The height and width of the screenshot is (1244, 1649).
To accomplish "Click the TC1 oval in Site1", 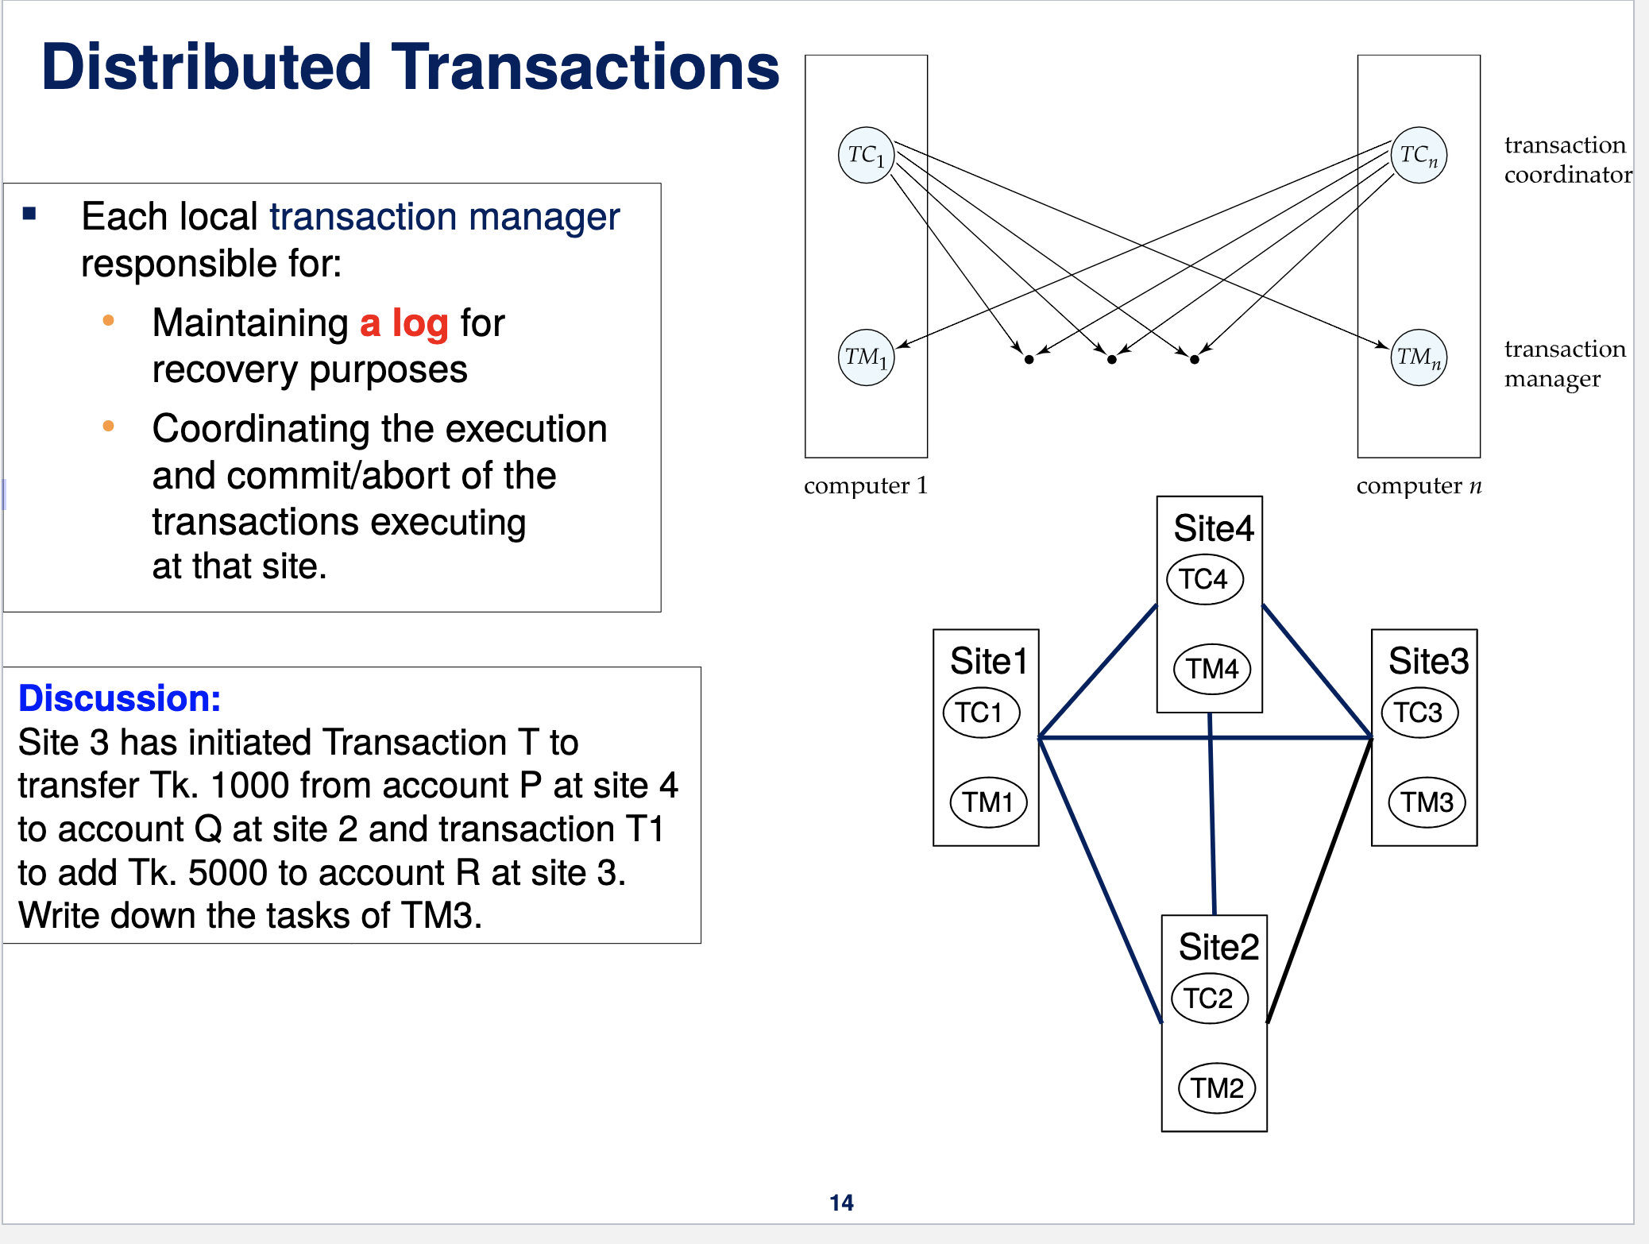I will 980,713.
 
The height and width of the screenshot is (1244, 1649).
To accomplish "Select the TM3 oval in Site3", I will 1427,802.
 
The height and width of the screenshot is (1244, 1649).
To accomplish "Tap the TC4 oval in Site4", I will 1204,579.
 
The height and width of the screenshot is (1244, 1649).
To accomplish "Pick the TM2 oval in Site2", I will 1217,1088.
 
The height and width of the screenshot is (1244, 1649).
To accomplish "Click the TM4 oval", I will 1212,669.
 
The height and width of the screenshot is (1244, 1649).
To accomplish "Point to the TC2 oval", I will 1209,999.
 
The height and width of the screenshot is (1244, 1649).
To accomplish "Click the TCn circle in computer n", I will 1419,155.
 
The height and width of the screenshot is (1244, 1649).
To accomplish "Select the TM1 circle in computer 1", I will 866,357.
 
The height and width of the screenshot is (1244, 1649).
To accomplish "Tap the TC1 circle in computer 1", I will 866,155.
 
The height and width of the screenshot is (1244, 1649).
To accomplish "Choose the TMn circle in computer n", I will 1419,357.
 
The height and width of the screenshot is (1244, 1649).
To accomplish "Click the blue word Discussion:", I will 119,698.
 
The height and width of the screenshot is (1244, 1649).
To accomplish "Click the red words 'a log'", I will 404,323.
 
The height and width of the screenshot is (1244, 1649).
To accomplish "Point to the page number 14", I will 841,1203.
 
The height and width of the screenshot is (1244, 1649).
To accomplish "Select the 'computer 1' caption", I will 865,485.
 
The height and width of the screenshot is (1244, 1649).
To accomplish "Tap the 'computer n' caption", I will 1419,485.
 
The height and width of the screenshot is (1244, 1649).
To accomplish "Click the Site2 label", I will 1218,947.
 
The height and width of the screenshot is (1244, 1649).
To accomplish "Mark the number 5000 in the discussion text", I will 227,872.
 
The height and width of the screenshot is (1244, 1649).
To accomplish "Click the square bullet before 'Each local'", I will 30,213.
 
